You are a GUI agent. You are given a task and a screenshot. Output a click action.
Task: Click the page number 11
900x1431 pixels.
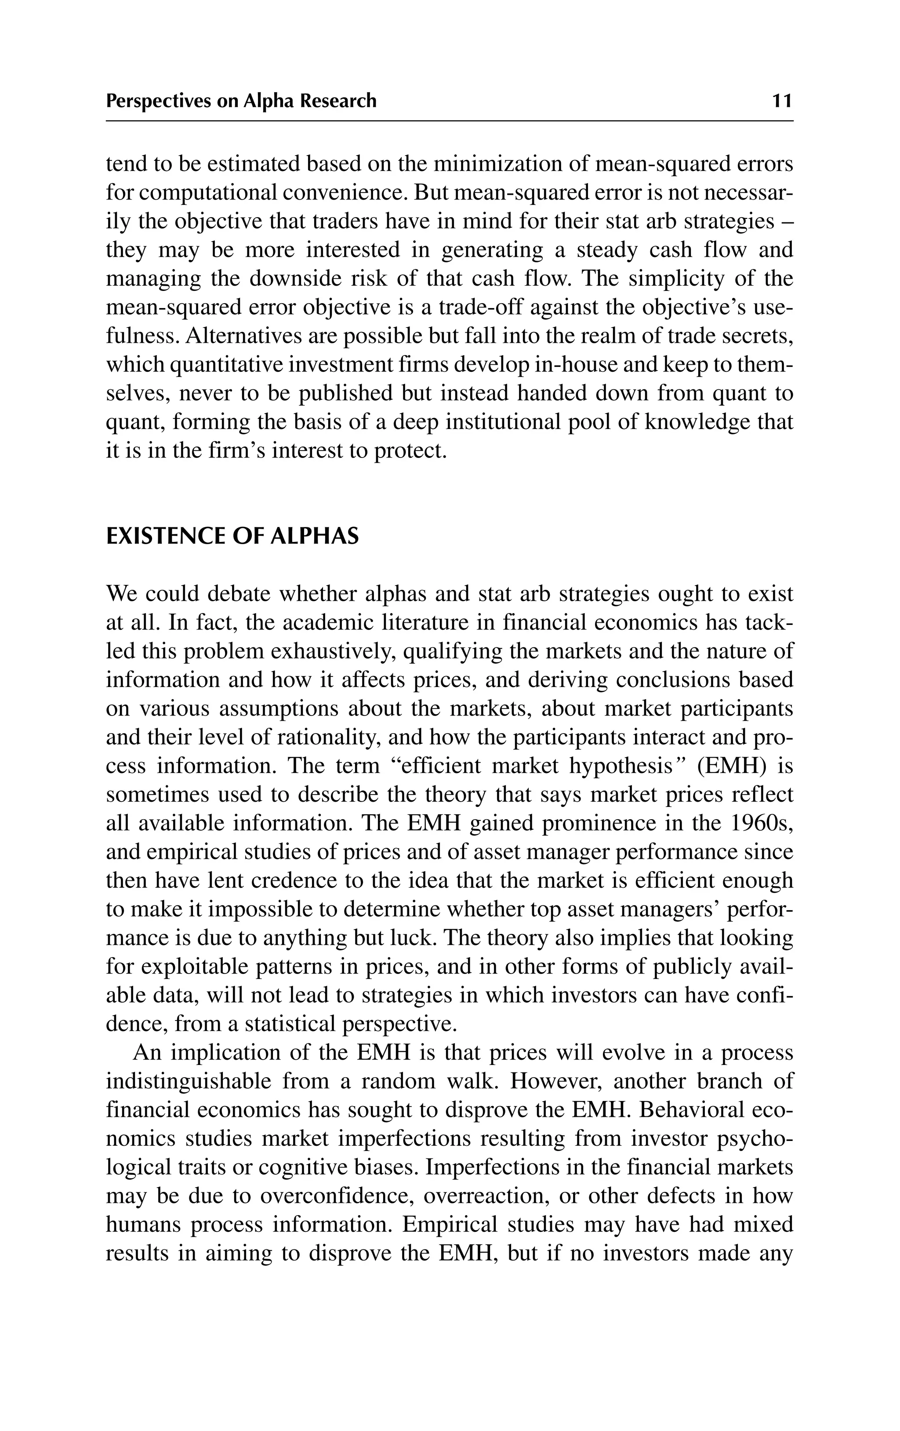[782, 101]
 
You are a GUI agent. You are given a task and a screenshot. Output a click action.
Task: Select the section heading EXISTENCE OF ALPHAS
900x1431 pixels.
[232, 537]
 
